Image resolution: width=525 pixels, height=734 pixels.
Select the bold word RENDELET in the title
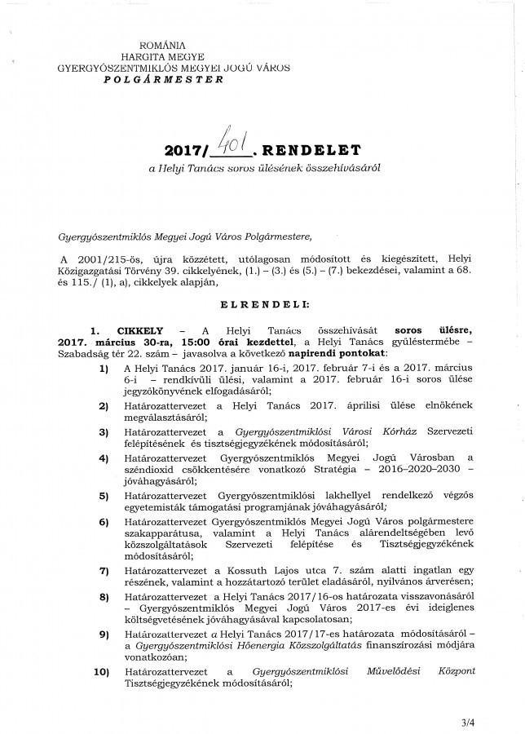(307, 152)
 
